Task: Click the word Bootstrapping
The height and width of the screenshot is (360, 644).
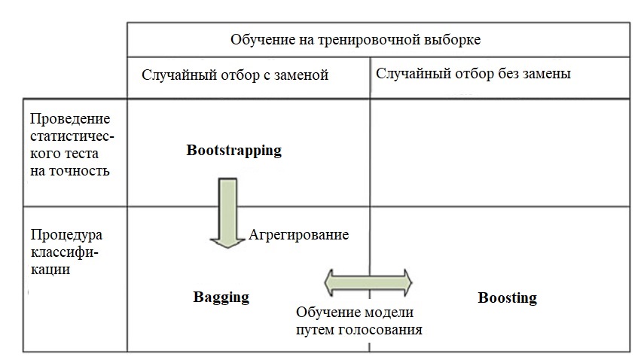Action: (233, 150)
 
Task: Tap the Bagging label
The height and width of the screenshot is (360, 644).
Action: (221, 296)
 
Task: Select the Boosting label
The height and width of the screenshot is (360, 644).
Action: (507, 297)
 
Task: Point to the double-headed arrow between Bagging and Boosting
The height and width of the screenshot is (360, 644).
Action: (368, 282)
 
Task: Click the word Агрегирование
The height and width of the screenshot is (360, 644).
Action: (299, 234)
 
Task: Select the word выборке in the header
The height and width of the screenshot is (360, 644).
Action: (450, 38)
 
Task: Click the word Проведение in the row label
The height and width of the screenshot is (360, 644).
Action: (70, 119)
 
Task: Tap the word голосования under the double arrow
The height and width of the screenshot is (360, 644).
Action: (380, 329)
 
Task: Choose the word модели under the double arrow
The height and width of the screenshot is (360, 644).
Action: (387, 312)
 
